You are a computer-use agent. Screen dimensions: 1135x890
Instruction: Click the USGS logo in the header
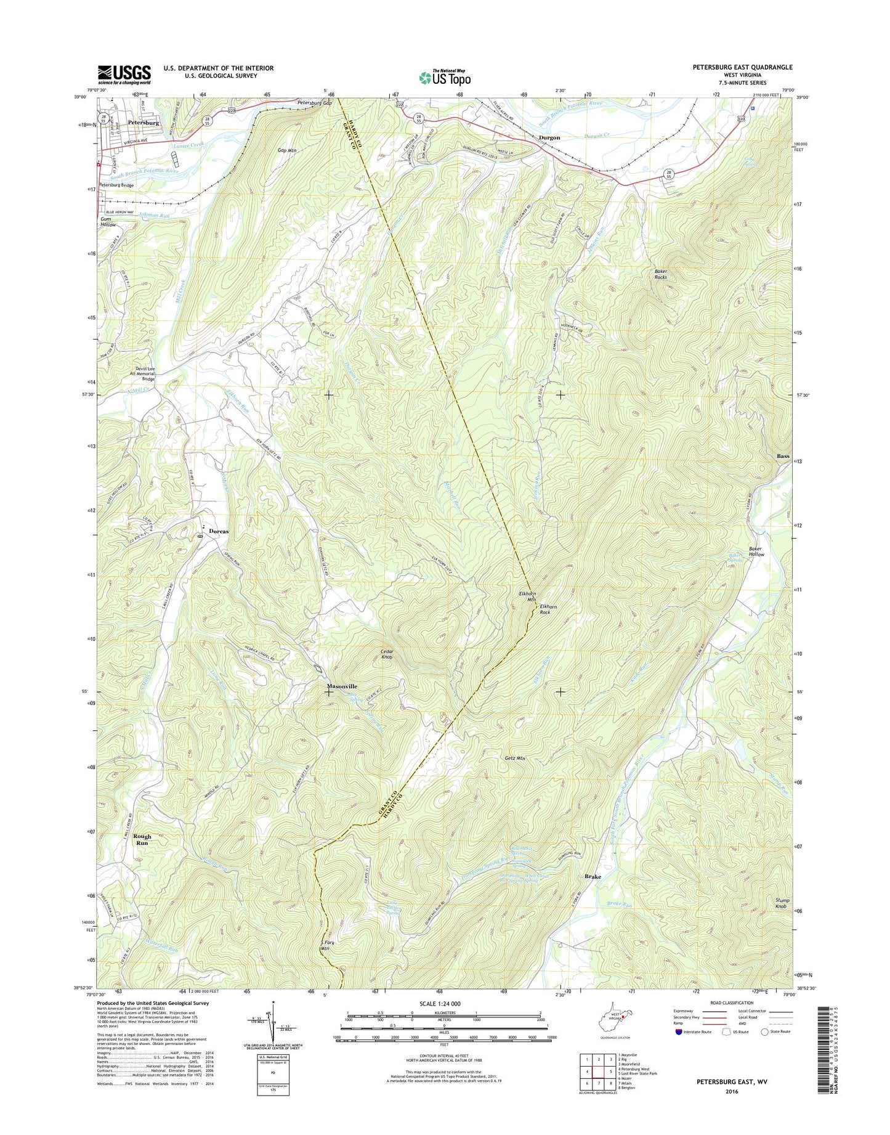pyautogui.click(x=124, y=75)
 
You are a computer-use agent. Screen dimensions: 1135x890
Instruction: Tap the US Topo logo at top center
pyautogui.click(x=445, y=77)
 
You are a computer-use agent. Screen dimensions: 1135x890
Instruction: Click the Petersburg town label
pyautogui.click(x=144, y=123)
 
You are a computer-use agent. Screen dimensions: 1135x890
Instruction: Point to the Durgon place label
pyautogui.click(x=549, y=137)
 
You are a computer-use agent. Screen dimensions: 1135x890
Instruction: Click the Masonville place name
pyautogui.click(x=342, y=686)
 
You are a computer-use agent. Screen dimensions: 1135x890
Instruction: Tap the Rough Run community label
pyautogui.click(x=142, y=839)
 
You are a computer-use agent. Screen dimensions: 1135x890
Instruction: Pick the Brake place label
pyautogui.click(x=593, y=876)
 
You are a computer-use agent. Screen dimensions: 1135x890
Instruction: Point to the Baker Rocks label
pyautogui.click(x=660, y=274)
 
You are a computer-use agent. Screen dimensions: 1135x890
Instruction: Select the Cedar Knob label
pyautogui.click(x=387, y=654)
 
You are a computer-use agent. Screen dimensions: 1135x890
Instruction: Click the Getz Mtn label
pyautogui.click(x=514, y=759)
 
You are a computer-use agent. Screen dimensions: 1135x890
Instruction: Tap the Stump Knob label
pyautogui.click(x=782, y=903)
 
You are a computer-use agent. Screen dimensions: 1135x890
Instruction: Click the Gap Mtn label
pyautogui.click(x=288, y=150)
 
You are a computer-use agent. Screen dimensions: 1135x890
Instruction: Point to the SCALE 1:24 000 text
pyautogui.click(x=439, y=1004)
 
